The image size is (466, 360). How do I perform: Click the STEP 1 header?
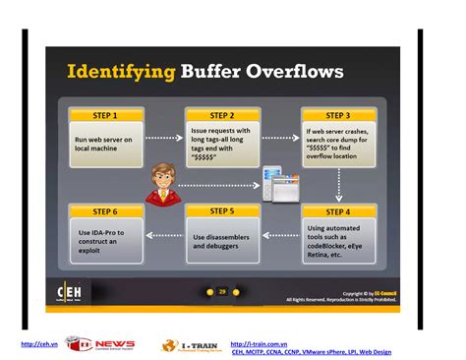pos(106,115)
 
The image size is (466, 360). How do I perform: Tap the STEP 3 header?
pos(338,115)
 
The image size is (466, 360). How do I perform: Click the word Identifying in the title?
pos(120,72)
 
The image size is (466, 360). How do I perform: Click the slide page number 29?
pos(222,291)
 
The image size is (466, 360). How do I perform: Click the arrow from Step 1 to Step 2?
pos(164,139)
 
